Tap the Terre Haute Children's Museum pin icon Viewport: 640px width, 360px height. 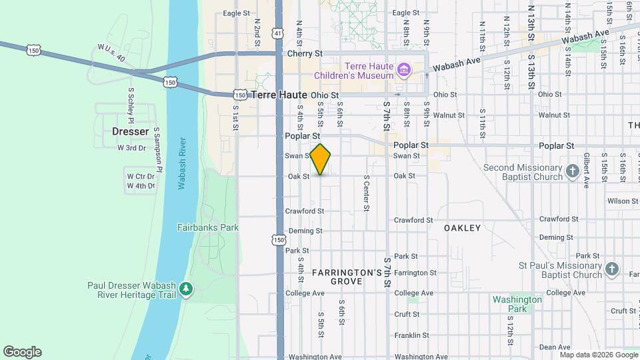point(403,70)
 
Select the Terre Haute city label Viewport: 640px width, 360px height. point(279,95)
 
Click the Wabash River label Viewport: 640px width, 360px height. point(182,164)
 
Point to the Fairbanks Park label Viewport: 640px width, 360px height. point(208,227)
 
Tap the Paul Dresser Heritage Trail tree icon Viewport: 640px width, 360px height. point(187,289)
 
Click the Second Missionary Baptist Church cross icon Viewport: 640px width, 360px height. point(571,173)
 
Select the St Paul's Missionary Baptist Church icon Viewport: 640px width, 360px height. point(612,270)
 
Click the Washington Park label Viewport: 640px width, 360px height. point(517,304)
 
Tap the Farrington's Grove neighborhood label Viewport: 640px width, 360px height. point(347,277)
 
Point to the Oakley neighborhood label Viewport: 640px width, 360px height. point(463,228)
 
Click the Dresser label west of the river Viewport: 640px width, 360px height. point(130,131)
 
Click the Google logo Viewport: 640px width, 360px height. point(22,351)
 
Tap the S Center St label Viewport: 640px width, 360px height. point(366,193)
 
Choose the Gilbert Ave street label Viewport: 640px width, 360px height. point(586,171)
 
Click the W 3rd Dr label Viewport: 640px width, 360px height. point(131,148)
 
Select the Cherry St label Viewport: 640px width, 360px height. point(305,53)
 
